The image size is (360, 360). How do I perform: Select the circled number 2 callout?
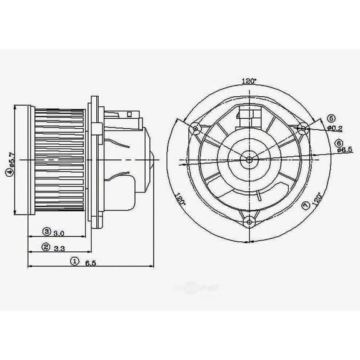click(x=46, y=247)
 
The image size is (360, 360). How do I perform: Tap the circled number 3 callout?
click(x=46, y=232)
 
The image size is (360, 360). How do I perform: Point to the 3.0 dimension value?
click(x=59, y=232)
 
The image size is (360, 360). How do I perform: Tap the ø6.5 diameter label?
click(x=344, y=149)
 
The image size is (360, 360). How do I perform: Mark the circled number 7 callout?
click(x=305, y=206)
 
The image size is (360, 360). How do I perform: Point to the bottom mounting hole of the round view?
click(x=249, y=220)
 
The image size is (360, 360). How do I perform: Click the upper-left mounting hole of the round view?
click(x=196, y=129)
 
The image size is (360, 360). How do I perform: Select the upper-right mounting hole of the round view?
click(x=303, y=129)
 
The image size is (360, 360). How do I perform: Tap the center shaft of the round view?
click(x=249, y=159)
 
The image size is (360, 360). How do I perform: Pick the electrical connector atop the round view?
click(x=249, y=116)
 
